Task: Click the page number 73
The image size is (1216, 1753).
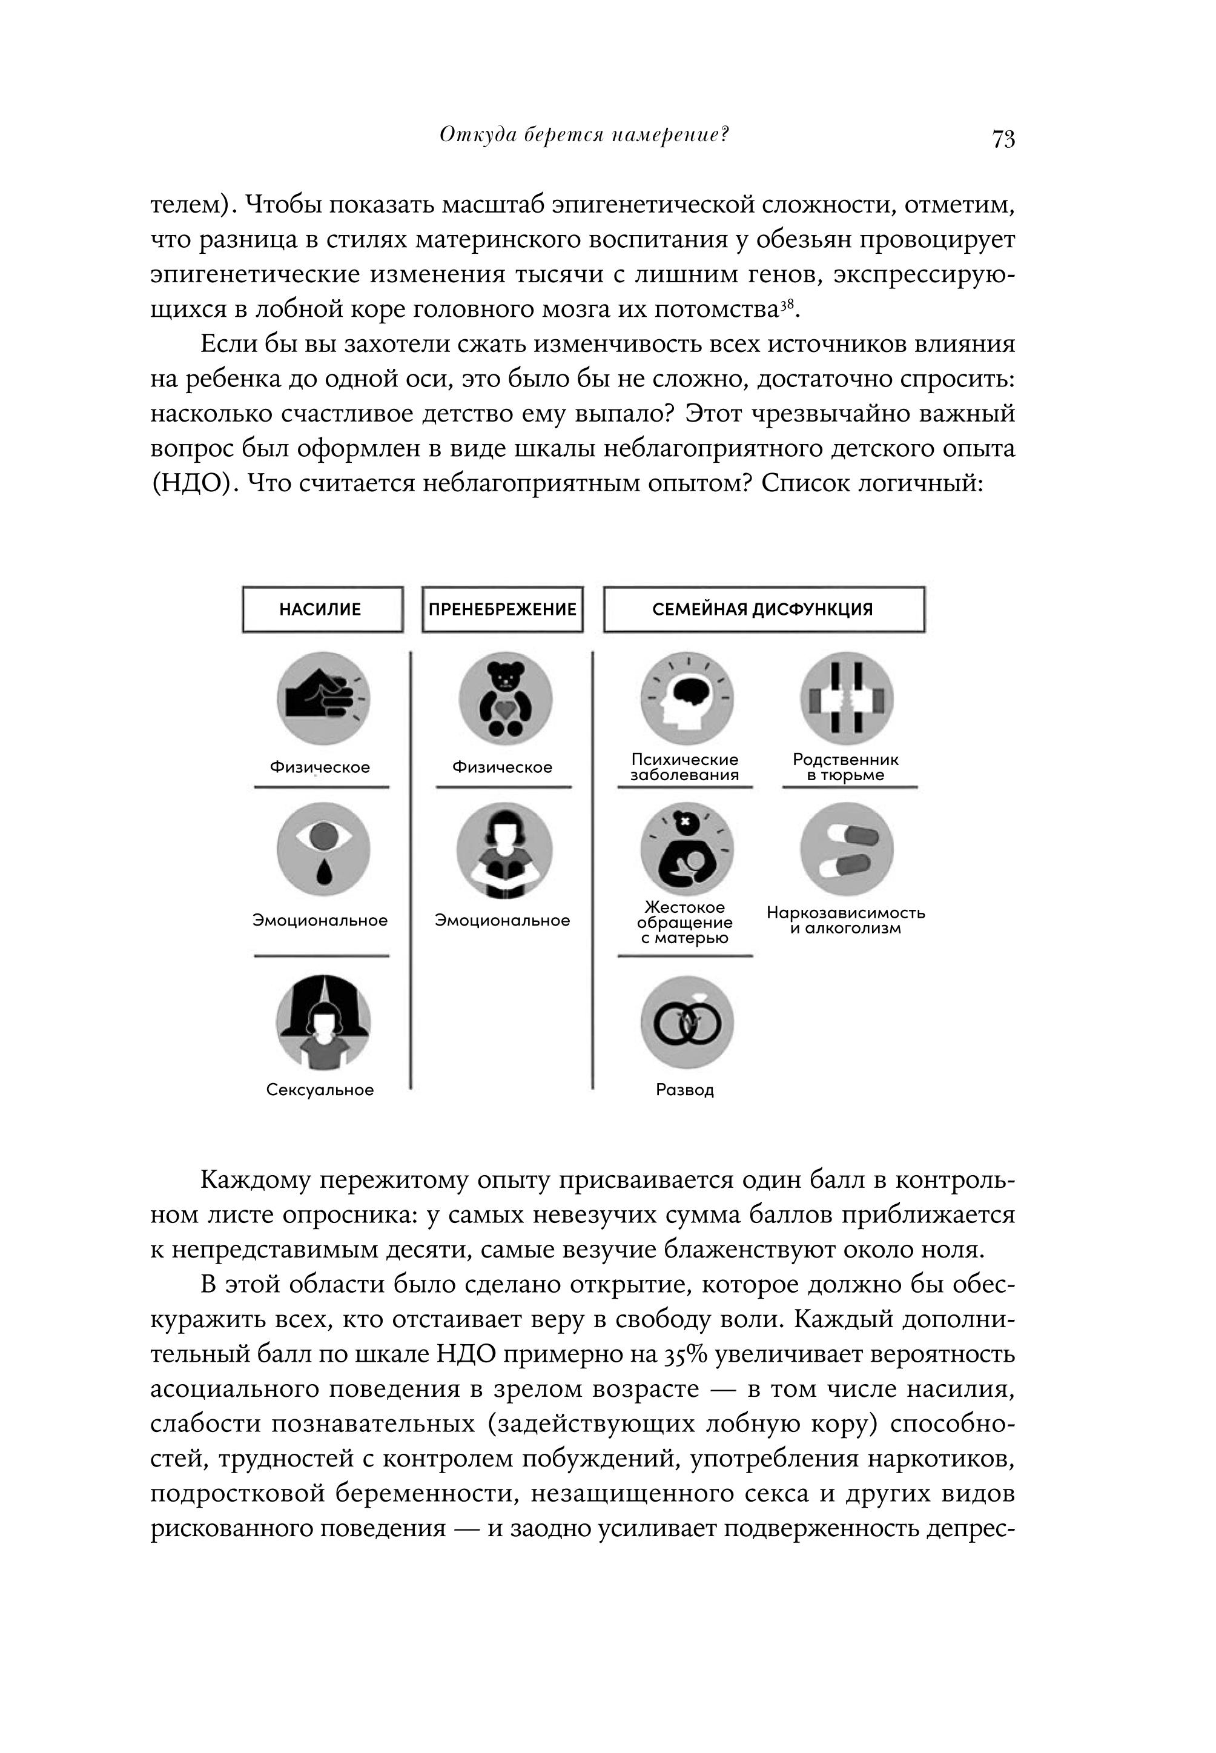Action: [x=1003, y=139]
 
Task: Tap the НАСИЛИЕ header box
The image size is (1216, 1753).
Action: [x=322, y=609]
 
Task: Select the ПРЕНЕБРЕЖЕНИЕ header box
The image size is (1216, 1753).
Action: [x=502, y=609]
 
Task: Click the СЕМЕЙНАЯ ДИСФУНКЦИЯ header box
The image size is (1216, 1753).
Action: [x=764, y=609]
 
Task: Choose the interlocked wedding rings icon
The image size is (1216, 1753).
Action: [x=687, y=1022]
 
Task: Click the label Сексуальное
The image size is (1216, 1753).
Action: [x=320, y=1090]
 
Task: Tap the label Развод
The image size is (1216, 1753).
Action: [x=685, y=1090]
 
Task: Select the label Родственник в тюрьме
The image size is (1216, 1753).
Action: [x=846, y=767]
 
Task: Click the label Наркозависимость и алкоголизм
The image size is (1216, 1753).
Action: [x=846, y=920]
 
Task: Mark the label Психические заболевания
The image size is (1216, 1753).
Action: [x=684, y=767]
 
